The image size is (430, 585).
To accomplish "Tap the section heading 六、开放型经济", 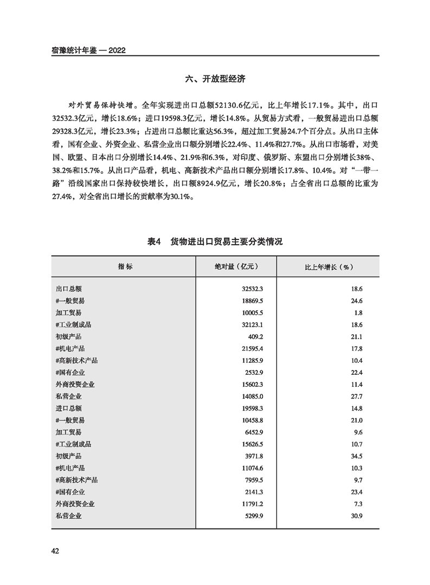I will (215, 79).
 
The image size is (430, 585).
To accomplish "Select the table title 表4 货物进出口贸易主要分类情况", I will (215, 242).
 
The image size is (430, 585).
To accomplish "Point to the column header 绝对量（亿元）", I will (235, 267).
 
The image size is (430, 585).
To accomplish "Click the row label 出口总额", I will (68, 290).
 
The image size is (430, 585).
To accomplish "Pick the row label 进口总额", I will (68, 407).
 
